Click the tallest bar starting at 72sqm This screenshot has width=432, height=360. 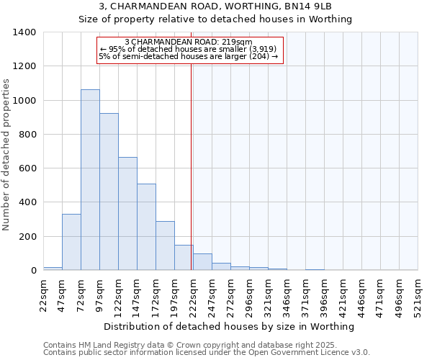pyautogui.click(x=90, y=180)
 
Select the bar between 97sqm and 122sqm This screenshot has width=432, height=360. pyautogui.click(x=109, y=192)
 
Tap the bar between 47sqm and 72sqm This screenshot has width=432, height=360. pyautogui.click(x=71, y=242)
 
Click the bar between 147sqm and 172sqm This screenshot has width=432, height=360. pyautogui.click(x=146, y=227)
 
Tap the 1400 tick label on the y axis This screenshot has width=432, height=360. pyautogui.click(x=24, y=32)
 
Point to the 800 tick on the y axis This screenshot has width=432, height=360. pyautogui.click(x=27, y=135)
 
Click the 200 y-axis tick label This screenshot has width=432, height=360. pyautogui.click(x=27, y=237)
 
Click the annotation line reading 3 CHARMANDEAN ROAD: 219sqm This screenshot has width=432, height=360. pyautogui.click(x=188, y=42)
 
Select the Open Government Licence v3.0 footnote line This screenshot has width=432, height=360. pyautogui.click(x=206, y=353)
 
